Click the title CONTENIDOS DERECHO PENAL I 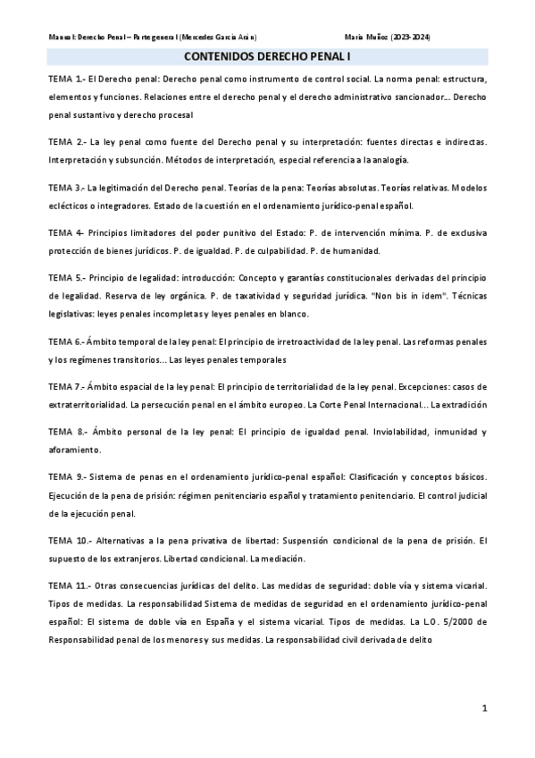pos(267,56)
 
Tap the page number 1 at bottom pos(484,709)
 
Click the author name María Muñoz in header pos(368,37)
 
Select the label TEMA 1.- pos(66,80)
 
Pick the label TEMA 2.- pos(67,142)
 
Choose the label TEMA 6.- pos(67,341)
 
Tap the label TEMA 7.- pos(67,387)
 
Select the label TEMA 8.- pos(68,432)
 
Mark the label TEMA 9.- pos(68,477)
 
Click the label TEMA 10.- pos(70,541)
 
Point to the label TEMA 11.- pos(70,585)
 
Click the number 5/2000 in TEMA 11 pos(464,622)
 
